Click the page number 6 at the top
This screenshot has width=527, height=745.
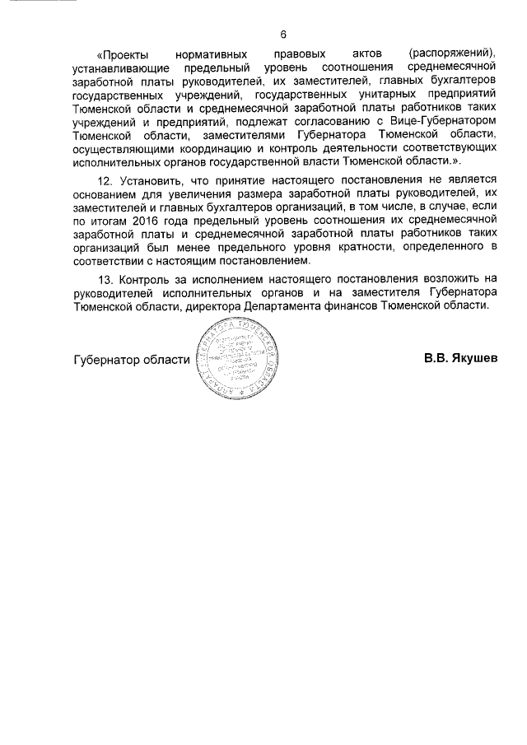(x=282, y=35)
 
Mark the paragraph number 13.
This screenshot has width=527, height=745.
(x=105, y=277)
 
